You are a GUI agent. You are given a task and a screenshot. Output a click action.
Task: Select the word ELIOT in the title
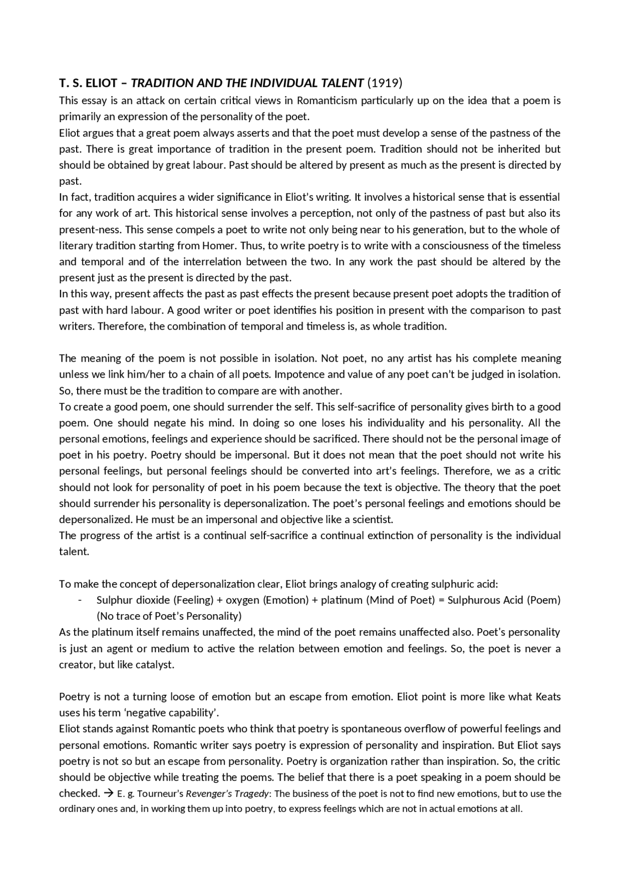point(101,83)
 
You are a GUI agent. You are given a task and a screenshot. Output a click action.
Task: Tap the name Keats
point(548,697)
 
